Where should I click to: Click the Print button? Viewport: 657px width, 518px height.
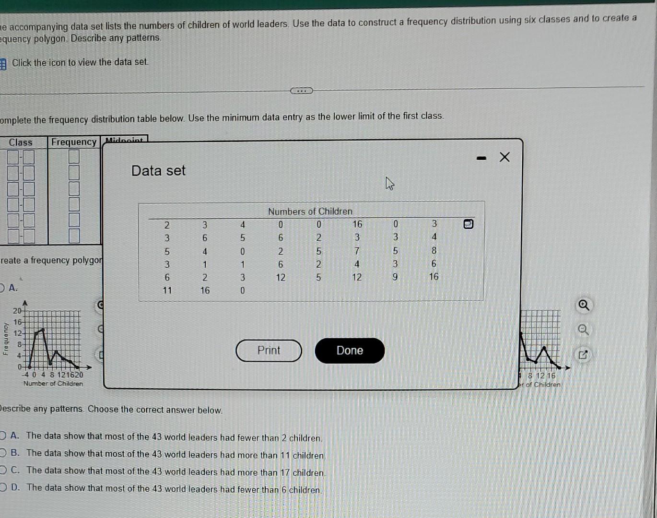(x=269, y=351)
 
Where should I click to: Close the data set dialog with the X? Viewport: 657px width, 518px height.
(x=504, y=157)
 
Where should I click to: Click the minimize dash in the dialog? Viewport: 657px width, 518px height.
(x=481, y=158)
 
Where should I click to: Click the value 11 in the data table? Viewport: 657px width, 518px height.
(x=167, y=290)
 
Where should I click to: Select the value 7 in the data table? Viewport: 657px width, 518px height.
(x=357, y=250)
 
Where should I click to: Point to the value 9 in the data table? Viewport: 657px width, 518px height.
(x=395, y=277)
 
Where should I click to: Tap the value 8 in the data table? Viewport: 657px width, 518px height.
(x=434, y=250)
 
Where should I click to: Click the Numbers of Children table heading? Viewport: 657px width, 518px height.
(x=310, y=212)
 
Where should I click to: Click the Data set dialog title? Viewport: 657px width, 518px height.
(x=158, y=171)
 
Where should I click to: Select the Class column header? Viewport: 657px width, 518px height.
(x=21, y=142)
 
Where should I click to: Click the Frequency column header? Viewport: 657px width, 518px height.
(x=74, y=142)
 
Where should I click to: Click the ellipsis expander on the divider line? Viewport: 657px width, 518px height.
(x=302, y=91)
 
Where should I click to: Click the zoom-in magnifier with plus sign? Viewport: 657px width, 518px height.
(x=584, y=305)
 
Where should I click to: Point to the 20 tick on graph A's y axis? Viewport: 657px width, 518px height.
(x=17, y=311)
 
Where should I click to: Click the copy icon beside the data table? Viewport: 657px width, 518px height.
(x=469, y=224)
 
